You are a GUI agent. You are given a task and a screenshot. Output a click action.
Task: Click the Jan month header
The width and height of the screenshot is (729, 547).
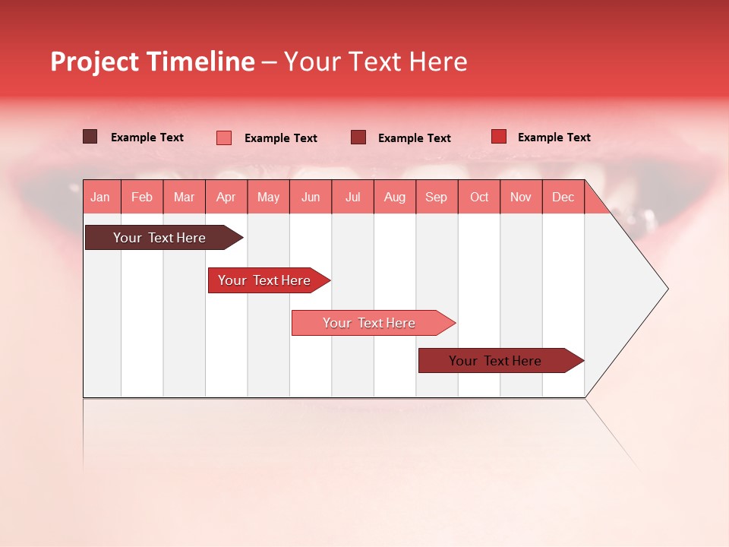pos(101,197)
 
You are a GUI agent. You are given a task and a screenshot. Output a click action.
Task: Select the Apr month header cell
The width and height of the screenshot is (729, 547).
pos(226,197)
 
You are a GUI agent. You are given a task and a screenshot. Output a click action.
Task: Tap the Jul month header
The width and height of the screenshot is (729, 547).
pos(352,197)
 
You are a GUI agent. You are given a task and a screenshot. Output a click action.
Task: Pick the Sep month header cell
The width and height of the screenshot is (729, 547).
pos(437,197)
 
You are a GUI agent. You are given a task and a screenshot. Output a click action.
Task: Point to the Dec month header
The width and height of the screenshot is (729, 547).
pos(563,197)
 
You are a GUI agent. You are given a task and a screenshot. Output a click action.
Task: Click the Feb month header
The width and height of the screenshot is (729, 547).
pos(142,197)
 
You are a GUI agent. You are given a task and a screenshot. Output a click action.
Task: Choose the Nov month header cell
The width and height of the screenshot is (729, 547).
pos(521,197)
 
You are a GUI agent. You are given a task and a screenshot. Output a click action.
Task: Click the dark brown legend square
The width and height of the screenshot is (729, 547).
pos(90,137)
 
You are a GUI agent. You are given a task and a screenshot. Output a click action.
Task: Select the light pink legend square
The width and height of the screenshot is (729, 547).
pos(224,138)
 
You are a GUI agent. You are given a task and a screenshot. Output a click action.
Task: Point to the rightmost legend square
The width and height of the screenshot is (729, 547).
pos(499,137)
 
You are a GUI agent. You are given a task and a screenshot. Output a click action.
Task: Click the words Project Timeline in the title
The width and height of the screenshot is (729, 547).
pos(152,62)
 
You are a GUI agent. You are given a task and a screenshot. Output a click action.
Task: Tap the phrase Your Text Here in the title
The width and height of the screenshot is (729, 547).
pos(375,62)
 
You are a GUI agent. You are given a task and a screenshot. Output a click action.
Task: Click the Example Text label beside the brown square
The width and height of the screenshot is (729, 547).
pos(147,138)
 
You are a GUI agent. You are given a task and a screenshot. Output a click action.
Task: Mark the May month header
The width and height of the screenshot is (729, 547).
pos(268,197)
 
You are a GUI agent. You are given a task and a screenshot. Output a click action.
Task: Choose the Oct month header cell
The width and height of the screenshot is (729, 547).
pos(479,197)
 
